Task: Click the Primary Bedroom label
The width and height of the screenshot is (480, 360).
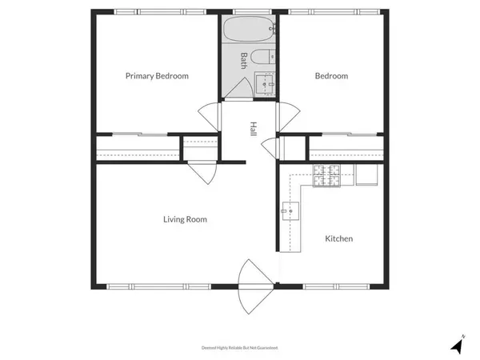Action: click(x=157, y=76)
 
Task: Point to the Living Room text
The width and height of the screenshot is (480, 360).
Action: click(x=185, y=218)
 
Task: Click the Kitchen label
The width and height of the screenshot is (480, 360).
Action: click(x=338, y=238)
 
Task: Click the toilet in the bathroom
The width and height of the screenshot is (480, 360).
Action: click(x=262, y=59)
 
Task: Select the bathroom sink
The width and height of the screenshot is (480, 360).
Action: click(x=264, y=82)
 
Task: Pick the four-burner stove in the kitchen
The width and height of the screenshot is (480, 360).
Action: click(x=326, y=175)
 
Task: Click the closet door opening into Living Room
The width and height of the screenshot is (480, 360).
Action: click(x=203, y=174)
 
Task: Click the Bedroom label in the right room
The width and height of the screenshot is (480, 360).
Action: click(x=331, y=76)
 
